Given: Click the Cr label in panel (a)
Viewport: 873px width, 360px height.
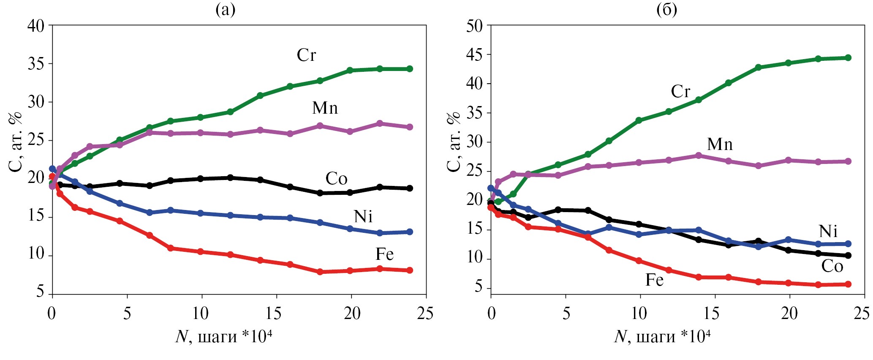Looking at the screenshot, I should pos(306,55).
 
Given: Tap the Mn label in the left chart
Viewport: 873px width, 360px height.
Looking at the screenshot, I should pos(325,109).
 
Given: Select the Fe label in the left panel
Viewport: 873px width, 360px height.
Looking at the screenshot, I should pos(384,254).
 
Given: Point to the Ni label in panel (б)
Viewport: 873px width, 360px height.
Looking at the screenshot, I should pos(828,232).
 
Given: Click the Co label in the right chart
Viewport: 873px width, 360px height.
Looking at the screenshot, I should pos(832,266).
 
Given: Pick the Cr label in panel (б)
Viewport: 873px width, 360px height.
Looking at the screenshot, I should pos(680,92).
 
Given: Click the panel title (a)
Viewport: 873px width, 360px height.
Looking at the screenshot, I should pos(225,9).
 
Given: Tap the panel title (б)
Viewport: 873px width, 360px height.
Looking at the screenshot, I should pos(666,9).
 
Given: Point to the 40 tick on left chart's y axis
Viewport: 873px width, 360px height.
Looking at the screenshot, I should pos(35,26).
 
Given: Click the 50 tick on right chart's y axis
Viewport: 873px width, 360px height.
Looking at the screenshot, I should pos(474,26).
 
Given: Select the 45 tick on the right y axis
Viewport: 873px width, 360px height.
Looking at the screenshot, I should pos(474,55).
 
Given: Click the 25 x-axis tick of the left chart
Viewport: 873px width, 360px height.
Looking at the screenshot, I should pos(425,314).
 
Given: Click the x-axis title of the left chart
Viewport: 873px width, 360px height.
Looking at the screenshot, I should pos(223,337).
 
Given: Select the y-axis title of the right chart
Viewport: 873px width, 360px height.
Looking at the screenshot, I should pos(454,142).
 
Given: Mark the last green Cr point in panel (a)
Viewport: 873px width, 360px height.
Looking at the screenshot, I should pos(410,69).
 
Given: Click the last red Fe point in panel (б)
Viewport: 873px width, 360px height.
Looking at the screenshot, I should pos(848,284).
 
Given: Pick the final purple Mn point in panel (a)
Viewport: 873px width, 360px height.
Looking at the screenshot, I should pos(410,127).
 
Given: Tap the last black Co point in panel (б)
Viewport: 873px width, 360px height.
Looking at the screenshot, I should pos(848,256).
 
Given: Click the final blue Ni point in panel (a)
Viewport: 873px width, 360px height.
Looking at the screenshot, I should pos(410,232).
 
